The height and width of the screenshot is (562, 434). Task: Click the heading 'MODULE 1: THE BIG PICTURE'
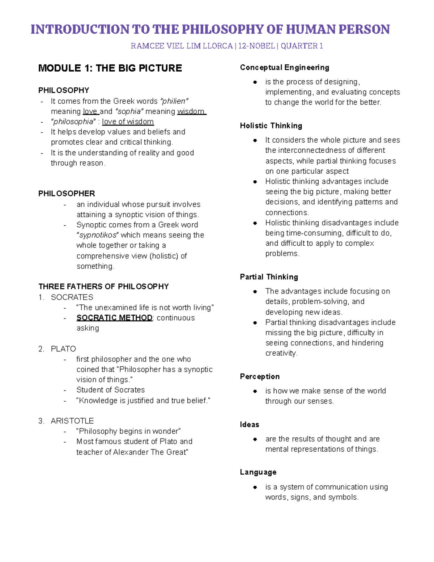(110, 68)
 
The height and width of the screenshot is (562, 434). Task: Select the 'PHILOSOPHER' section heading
(67, 194)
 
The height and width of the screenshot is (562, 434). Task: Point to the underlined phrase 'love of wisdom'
(128, 122)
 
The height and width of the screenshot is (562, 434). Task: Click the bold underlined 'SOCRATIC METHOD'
(114, 318)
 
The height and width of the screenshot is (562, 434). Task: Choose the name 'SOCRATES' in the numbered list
(72, 297)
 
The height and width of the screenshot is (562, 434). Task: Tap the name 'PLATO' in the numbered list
(63, 349)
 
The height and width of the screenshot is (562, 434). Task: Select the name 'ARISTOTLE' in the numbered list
(72, 421)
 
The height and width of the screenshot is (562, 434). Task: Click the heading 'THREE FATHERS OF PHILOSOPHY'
(103, 287)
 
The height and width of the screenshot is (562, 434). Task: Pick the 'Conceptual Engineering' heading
(285, 68)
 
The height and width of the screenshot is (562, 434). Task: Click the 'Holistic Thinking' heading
(271, 126)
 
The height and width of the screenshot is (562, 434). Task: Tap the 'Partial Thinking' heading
(269, 277)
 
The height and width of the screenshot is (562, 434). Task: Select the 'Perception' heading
(260, 377)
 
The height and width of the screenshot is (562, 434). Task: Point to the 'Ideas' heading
(250, 425)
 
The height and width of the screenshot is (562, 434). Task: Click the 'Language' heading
(258, 472)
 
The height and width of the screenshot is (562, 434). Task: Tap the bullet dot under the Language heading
(255, 487)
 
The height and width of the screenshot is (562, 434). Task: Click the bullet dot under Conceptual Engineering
(255, 82)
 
